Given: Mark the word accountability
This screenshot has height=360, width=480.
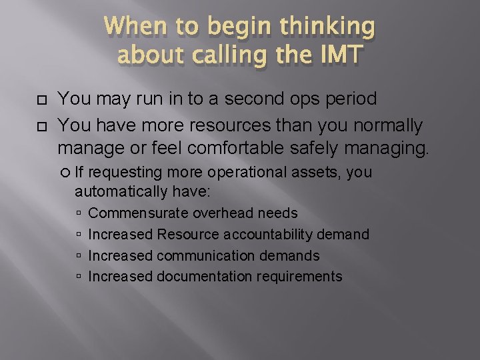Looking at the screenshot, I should pos(279,235).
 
